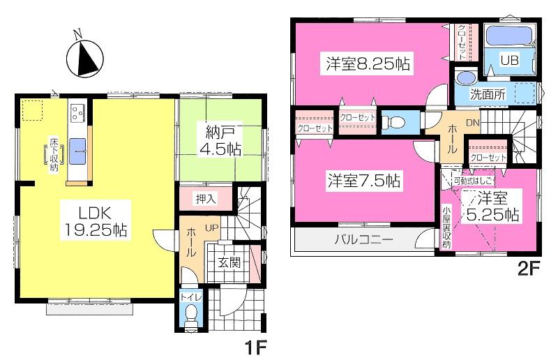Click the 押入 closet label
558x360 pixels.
pos(205,198)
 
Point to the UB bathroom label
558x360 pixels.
pos(510,61)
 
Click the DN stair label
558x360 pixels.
pos(472,123)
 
